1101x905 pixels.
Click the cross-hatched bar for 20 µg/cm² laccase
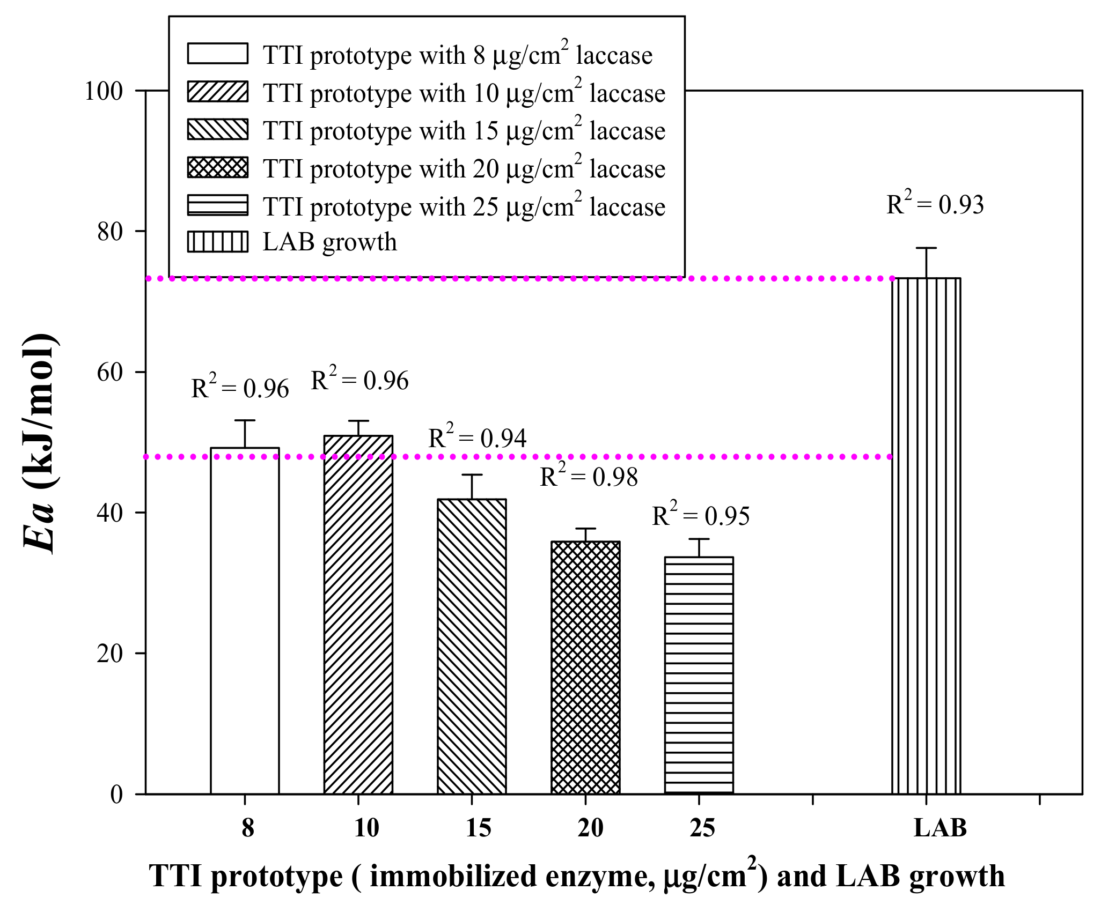tap(585, 667)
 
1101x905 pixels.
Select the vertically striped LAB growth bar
tap(926, 536)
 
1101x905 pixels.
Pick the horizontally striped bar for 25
tap(699, 676)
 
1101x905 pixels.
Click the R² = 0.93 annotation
tap(935, 205)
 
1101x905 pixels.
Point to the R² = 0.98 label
tap(589, 477)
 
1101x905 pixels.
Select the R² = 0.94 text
tap(477, 438)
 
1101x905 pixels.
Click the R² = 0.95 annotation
tap(701, 516)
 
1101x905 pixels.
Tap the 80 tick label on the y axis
tap(110, 232)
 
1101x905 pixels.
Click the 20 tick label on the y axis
tap(110, 654)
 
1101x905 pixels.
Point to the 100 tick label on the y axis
tap(104, 91)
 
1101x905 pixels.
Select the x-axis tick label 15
tap(478, 828)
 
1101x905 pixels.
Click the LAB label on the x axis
tap(940, 828)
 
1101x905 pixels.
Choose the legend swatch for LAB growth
tap(218, 242)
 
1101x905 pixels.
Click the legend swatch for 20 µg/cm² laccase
tap(218, 167)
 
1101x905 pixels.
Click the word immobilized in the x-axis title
tap(454, 876)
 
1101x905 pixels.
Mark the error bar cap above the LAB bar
tap(926, 248)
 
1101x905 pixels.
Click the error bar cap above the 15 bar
tap(472, 475)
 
